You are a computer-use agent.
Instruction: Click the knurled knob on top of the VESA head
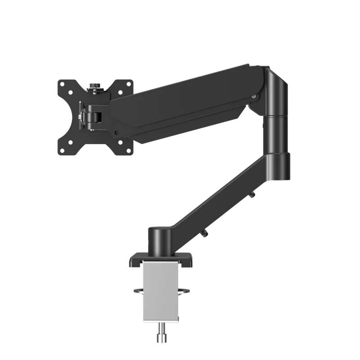95,85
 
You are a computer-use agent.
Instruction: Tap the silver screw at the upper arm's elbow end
256,96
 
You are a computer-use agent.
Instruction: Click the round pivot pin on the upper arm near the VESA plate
116,133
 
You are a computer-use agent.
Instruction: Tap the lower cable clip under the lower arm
205,232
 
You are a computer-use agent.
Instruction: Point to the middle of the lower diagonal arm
220,200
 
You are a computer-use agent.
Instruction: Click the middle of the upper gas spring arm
189,101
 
